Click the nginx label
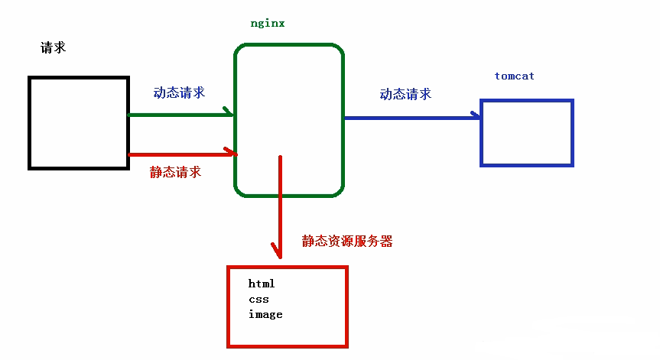point(268,23)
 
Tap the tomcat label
point(514,76)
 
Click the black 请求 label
point(53,47)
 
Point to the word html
point(262,284)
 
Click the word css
point(258,299)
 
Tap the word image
point(265,314)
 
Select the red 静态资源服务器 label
point(347,241)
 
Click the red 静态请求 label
point(175,172)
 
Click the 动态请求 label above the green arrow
point(179,92)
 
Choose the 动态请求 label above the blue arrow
point(405,94)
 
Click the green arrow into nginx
point(180,115)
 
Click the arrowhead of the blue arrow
point(476,116)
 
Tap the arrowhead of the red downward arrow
point(278,251)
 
